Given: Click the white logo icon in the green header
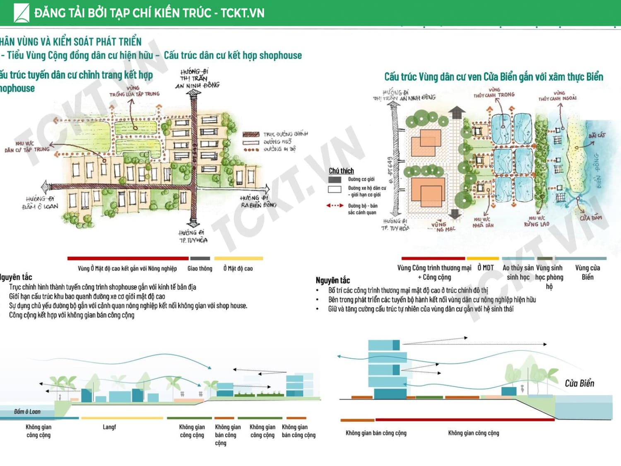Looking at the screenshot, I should [21, 13].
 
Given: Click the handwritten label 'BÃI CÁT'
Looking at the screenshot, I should [596, 135].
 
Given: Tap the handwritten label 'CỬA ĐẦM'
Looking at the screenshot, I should [590, 217].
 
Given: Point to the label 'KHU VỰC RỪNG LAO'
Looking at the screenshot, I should [537, 221].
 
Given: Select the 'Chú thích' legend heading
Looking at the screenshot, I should [341, 171].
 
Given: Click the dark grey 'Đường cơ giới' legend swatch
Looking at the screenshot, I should [335, 180].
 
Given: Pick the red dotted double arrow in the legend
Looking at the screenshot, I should [335, 205].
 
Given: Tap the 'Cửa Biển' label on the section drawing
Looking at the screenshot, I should [579, 383].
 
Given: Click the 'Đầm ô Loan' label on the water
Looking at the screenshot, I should [27, 411].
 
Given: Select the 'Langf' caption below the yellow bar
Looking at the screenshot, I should [109, 427].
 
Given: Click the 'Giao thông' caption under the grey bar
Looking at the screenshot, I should [200, 268].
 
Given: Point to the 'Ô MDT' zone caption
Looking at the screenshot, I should [486, 268].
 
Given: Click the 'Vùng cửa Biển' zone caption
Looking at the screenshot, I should [587, 272].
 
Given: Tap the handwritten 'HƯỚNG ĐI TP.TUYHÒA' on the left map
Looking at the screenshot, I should [193, 237].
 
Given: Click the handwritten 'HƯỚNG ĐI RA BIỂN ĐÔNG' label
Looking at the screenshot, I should [258, 202].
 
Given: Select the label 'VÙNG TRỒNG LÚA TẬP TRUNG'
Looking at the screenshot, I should [134, 91].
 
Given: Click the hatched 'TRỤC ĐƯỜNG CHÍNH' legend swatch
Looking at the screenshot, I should [251, 134].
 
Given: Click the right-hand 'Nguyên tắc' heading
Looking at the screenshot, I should [332, 280].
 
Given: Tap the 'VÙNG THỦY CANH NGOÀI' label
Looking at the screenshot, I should [558, 96].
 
